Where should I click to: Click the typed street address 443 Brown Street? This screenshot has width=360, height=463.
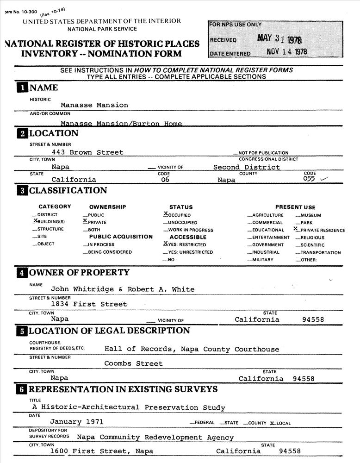coord(87,152)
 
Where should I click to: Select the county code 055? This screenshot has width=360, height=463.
coord(309,179)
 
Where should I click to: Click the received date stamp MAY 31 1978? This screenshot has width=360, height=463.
coord(282,39)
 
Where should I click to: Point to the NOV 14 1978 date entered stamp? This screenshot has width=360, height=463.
coord(287,52)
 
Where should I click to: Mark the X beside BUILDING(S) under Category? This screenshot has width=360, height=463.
coord(36,221)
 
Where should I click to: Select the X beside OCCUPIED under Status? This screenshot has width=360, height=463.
coord(166,214)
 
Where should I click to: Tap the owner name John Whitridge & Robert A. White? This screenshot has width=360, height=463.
coord(123,289)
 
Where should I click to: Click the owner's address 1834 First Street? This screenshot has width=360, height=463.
coord(88,304)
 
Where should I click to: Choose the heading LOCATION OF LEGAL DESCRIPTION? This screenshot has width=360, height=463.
coord(109,331)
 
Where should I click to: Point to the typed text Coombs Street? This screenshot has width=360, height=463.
coord(133,363)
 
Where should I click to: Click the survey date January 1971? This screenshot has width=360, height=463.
coord(77,422)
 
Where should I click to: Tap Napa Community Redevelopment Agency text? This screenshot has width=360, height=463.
coord(139,437)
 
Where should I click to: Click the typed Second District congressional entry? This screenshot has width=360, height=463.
coord(246,167)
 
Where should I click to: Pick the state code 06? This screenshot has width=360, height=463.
coord(162,180)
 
